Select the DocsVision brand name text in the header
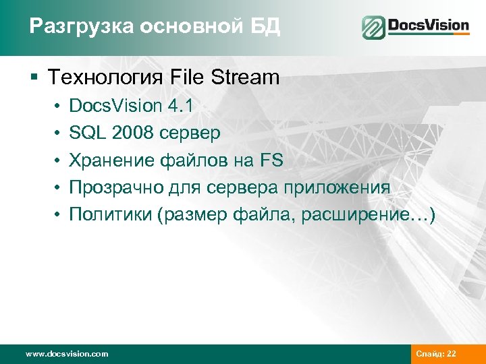click(x=428, y=26)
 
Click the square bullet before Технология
click(x=33, y=78)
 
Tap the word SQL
click(x=88, y=133)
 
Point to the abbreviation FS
click(x=270, y=160)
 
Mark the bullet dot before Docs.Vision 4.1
click(x=59, y=107)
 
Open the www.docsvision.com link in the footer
click(x=66, y=354)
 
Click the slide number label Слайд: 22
click(x=437, y=354)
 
